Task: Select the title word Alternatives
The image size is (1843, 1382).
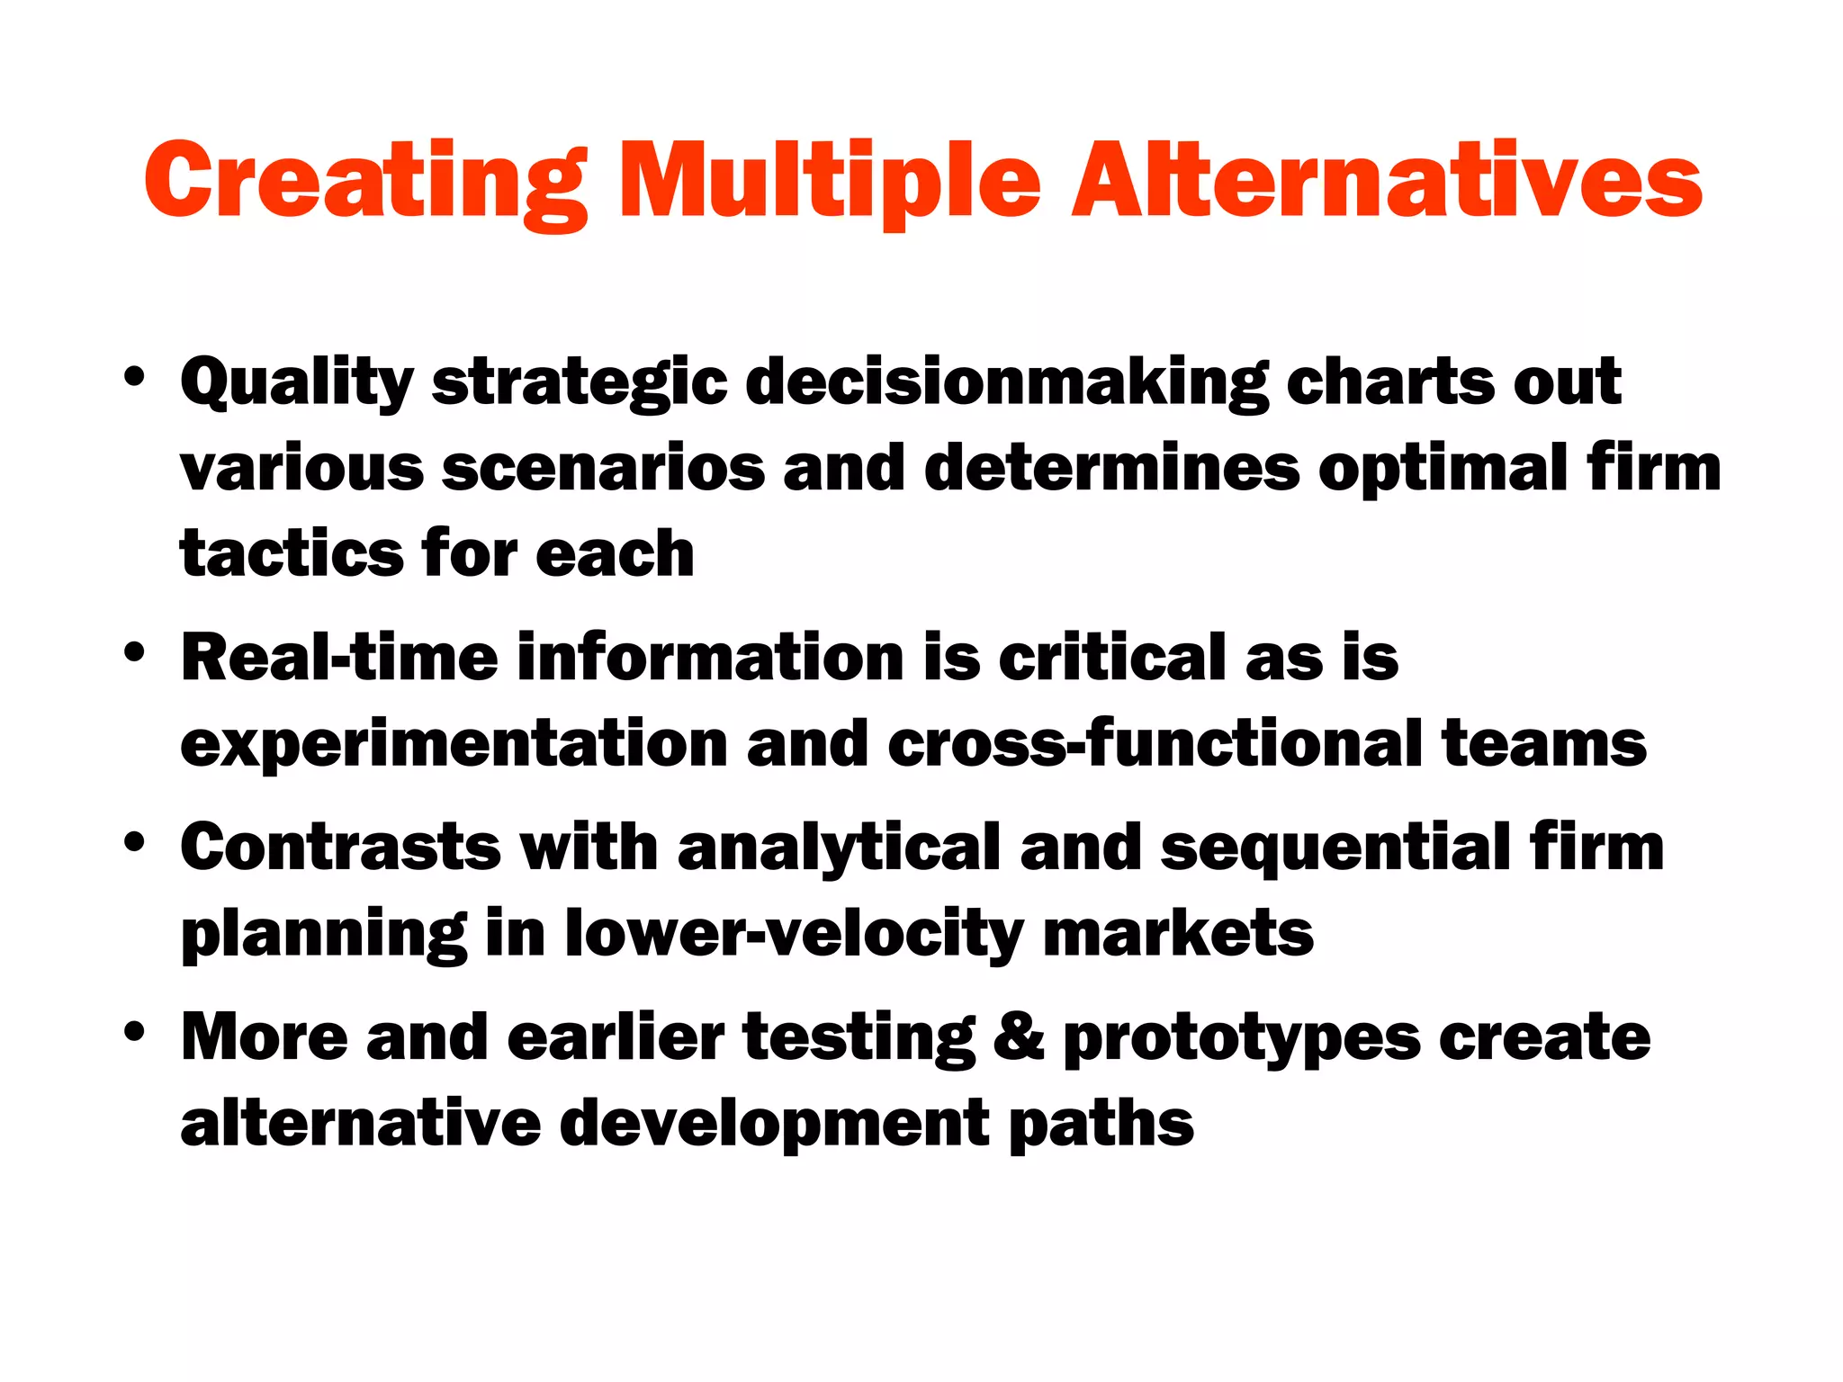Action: pyautogui.click(x=1386, y=183)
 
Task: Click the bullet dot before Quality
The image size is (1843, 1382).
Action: pyautogui.click(x=134, y=379)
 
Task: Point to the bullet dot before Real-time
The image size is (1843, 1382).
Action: pyautogui.click(x=134, y=654)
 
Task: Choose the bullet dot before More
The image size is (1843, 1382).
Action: pyautogui.click(x=134, y=1035)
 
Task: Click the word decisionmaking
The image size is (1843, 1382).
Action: pyautogui.click(x=1007, y=382)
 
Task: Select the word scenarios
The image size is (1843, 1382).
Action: pyautogui.click(x=603, y=468)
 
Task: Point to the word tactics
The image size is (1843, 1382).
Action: pyautogui.click(x=290, y=552)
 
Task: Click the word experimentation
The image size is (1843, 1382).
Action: pyautogui.click(x=454, y=745)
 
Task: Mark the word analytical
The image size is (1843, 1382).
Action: pyautogui.click(x=838, y=848)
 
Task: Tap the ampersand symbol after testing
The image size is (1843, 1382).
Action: pyautogui.click(x=1020, y=1036)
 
